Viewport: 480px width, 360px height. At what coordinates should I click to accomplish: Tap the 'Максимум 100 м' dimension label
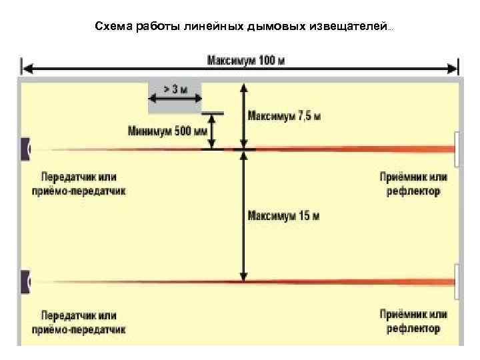click(x=246, y=61)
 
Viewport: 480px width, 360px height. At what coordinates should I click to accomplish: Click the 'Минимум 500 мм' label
click(x=167, y=131)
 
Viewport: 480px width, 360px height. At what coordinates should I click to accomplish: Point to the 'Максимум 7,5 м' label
click(x=284, y=116)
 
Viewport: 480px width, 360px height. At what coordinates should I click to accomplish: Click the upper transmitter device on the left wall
click(x=25, y=149)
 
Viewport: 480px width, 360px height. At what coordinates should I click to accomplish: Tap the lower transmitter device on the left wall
click(x=25, y=282)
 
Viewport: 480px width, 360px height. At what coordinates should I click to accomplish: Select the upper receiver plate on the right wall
click(x=457, y=149)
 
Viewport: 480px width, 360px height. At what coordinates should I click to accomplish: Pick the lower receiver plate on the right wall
click(x=457, y=281)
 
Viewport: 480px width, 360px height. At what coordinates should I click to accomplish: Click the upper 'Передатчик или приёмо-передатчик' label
click(x=78, y=185)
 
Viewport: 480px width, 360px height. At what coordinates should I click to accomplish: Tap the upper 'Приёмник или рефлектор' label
click(x=413, y=185)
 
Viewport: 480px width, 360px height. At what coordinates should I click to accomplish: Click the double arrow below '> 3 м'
click(x=175, y=100)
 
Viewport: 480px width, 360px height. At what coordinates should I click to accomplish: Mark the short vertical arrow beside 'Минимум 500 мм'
click(x=213, y=131)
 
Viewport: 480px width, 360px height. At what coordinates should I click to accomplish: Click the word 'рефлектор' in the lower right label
click(x=413, y=328)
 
